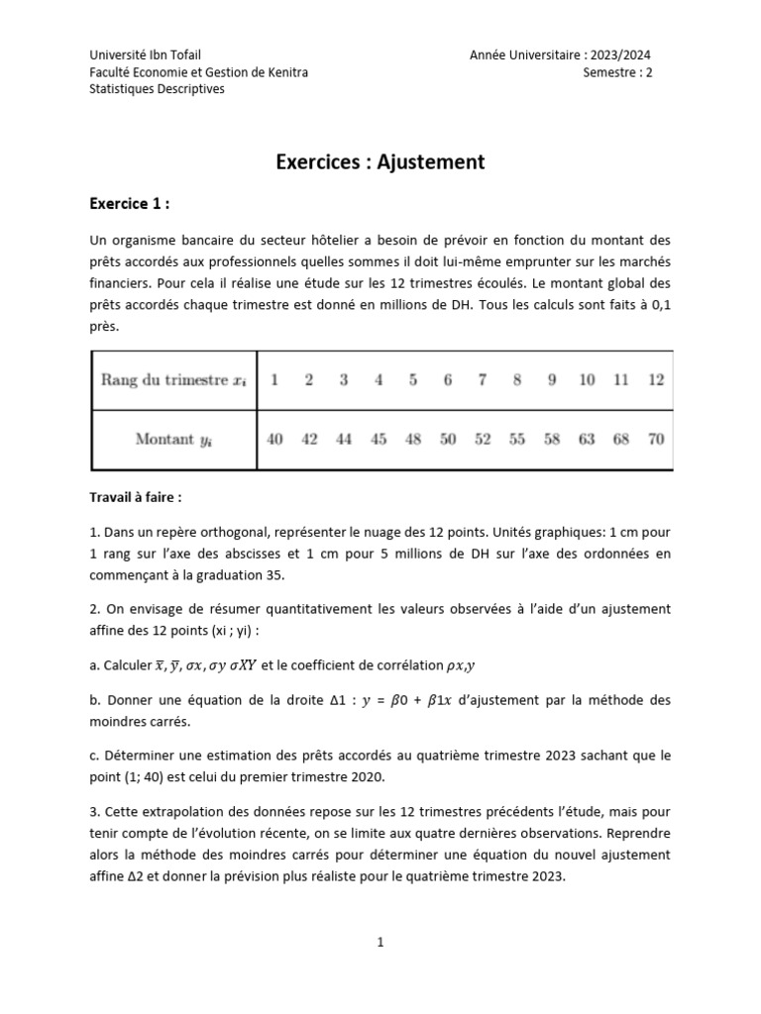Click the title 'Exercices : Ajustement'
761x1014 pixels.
(x=380, y=161)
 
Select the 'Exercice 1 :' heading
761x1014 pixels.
(x=129, y=205)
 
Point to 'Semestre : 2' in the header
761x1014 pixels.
(x=617, y=72)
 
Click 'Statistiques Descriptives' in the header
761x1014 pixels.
(x=157, y=89)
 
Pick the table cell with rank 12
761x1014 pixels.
(x=655, y=380)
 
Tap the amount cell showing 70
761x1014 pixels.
(x=655, y=439)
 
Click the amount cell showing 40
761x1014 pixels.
(x=274, y=439)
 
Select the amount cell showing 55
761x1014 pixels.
(x=517, y=439)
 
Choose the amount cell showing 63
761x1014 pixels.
(x=587, y=439)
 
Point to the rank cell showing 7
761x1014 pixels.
(x=483, y=380)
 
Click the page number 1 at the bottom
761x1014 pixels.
(x=380, y=943)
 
